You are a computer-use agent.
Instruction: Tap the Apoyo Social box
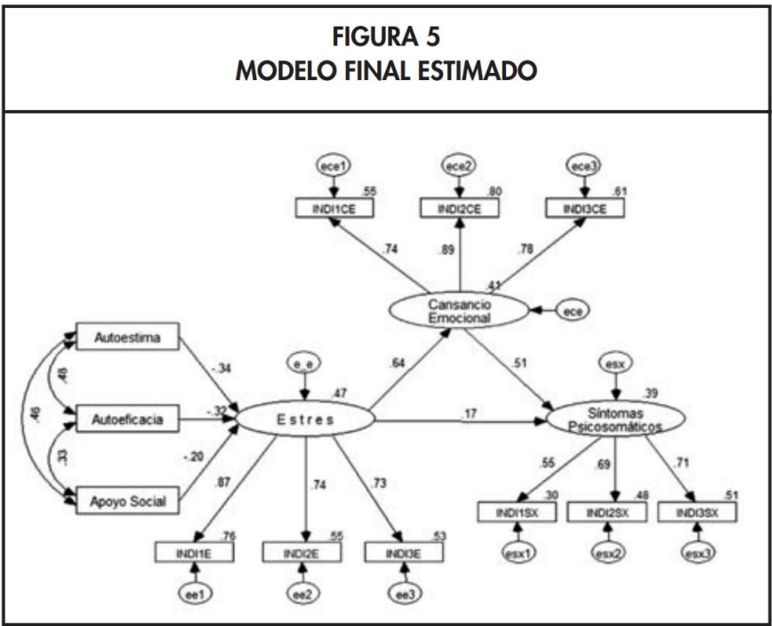127,502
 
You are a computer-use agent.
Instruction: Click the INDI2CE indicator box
459,208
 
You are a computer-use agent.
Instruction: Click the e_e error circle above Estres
305,363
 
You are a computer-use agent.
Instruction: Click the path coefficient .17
470,413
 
